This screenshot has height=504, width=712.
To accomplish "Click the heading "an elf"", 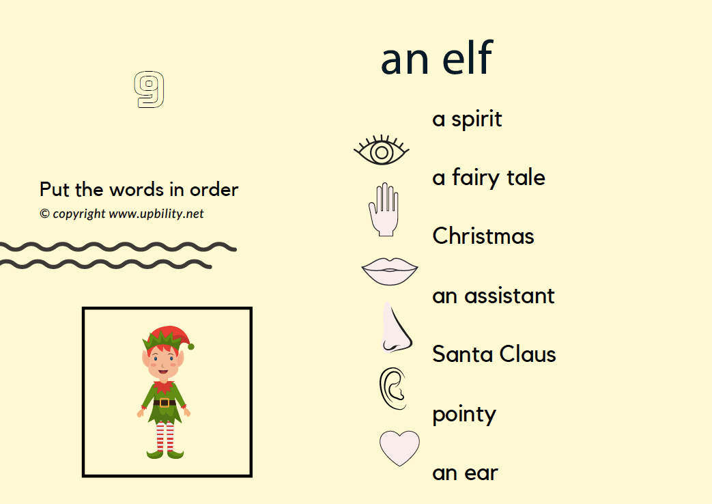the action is point(436,58).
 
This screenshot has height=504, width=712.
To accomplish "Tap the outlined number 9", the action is point(149,89).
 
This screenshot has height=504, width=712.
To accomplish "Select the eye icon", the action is point(382,150).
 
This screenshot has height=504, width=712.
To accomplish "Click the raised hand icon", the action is point(384,210).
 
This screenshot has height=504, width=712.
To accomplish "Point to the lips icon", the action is point(390,272).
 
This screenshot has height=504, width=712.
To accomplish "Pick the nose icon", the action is point(396,327).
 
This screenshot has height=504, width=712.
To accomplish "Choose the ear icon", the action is point(393,389).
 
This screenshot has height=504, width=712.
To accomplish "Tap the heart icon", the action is point(399,448).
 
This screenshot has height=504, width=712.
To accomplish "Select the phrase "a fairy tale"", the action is point(489,178).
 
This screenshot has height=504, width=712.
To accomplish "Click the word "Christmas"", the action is point(483,236).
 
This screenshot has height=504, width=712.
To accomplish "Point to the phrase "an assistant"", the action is point(494,296).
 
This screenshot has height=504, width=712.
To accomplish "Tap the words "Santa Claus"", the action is point(494,354).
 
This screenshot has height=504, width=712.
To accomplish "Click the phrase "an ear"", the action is point(465,473).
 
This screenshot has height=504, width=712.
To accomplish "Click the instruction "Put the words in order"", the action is point(139,190).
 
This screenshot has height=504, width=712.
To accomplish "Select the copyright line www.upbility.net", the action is point(122,214).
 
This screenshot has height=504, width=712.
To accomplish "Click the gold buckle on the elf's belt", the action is point(165,403).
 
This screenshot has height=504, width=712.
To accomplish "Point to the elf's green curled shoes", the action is point(165,453).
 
